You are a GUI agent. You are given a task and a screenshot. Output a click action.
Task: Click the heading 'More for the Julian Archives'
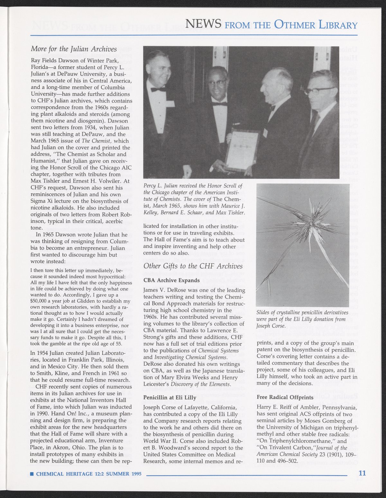pyautogui.click(x=74, y=49)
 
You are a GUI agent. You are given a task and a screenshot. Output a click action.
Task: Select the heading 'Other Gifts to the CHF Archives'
pyautogui.click(x=193, y=266)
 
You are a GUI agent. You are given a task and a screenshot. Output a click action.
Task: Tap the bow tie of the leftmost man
pyautogui.click(x=158, y=89)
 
